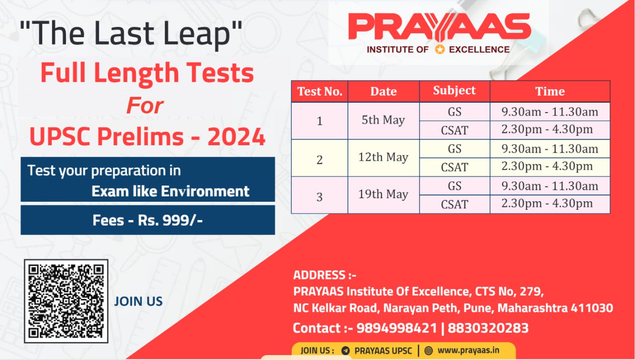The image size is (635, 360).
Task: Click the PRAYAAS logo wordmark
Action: tap(440, 27)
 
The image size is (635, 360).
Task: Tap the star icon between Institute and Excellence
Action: tap(440, 50)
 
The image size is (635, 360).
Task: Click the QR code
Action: tap(66, 301)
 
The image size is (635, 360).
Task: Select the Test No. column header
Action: tap(319, 91)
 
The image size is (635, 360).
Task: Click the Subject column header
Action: tap(454, 91)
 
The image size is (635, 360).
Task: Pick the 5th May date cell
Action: tap(383, 120)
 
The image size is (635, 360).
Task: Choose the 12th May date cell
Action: tap(383, 157)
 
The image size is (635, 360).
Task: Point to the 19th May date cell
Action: tap(383, 194)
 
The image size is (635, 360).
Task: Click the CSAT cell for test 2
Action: tap(454, 167)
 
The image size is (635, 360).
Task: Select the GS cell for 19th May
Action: tap(454, 186)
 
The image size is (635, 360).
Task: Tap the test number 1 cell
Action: tap(319, 121)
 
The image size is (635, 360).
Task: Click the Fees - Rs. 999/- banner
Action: tap(148, 220)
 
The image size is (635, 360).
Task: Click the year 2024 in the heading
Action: tap(237, 137)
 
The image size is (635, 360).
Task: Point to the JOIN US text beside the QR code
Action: tap(138, 301)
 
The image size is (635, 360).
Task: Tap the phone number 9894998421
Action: tap(396, 328)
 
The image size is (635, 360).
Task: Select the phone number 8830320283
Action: tap(488, 328)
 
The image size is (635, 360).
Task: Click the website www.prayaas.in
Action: tap(468, 351)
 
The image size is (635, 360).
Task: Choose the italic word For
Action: tap(145, 106)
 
